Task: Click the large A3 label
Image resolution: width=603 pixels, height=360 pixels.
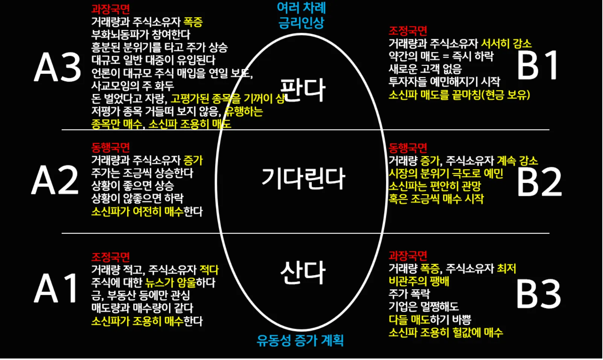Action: (57, 67)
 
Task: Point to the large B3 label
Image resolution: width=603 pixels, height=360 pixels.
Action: (538, 294)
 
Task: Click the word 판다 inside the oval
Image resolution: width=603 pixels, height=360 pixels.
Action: (303, 90)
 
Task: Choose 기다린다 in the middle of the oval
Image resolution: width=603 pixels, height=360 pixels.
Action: (303, 178)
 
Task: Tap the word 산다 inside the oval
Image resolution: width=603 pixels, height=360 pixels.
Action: (303, 273)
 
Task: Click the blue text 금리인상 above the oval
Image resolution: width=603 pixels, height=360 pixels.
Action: (301, 23)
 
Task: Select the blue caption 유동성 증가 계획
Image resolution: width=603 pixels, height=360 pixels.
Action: (300, 340)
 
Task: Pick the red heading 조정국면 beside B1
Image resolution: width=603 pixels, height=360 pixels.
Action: (408, 31)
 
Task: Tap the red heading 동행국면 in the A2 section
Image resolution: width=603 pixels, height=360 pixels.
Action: (110, 147)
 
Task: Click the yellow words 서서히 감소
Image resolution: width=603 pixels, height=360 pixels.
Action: (506, 44)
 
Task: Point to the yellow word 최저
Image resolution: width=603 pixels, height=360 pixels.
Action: (506, 268)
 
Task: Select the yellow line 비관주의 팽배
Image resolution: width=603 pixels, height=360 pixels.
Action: (419, 281)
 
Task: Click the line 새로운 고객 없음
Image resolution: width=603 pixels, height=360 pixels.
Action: (425, 69)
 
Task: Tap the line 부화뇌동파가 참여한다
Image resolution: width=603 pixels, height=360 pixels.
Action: (141, 35)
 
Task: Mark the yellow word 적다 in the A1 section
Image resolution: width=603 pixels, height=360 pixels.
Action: (209, 270)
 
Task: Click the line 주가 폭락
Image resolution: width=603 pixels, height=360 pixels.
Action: (409, 294)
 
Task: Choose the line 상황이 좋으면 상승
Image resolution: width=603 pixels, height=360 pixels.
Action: (132, 186)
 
